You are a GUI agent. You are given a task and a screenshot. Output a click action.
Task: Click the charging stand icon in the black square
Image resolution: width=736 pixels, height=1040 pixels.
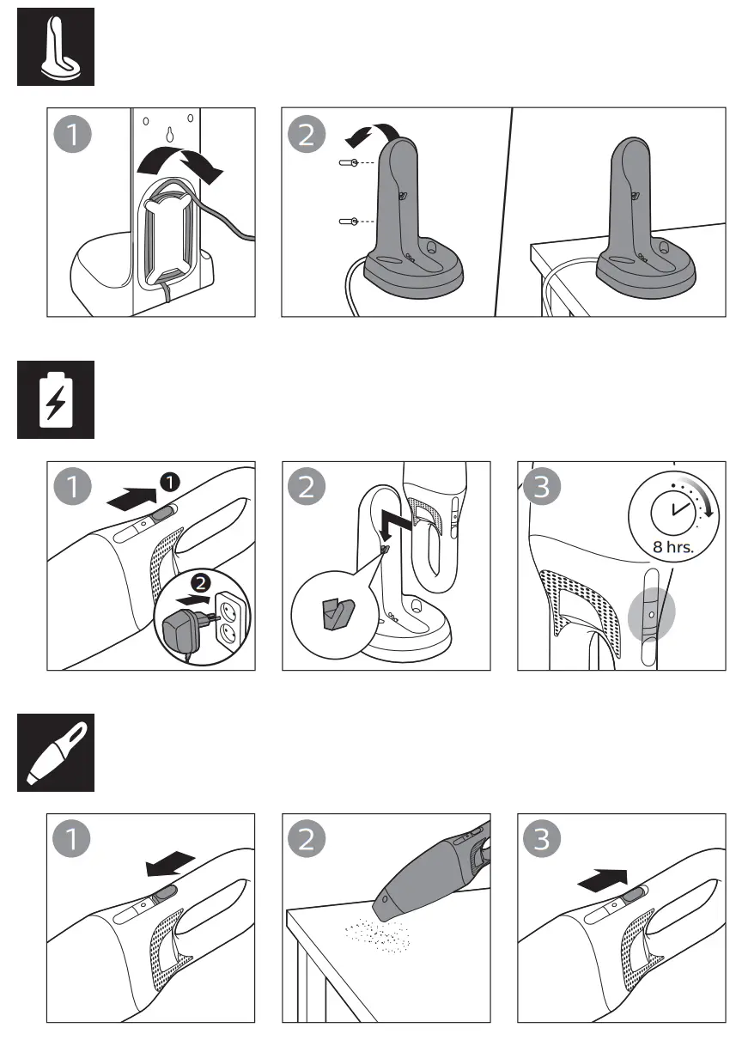[x=56, y=46]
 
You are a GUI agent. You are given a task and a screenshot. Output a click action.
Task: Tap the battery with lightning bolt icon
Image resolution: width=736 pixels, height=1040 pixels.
[x=56, y=398]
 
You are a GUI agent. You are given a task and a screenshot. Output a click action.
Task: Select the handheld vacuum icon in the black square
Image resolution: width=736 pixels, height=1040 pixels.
[x=56, y=753]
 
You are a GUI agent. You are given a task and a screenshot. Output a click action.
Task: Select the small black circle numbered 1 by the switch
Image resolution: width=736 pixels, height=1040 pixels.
[x=171, y=483]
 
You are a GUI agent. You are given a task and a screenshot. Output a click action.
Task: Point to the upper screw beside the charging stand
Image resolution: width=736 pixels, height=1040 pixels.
[x=348, y=162]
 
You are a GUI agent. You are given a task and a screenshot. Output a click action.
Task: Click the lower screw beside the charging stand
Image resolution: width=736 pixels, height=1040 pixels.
[x=348, y=222]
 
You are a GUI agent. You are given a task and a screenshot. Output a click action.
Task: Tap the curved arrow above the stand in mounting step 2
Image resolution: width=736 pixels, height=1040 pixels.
[x=367, y=134]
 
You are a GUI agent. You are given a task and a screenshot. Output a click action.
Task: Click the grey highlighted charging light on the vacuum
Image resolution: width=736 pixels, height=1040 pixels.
[x=653, y=615]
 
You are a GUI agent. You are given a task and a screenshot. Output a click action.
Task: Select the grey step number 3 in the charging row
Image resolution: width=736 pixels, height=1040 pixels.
[x=541, y=488]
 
